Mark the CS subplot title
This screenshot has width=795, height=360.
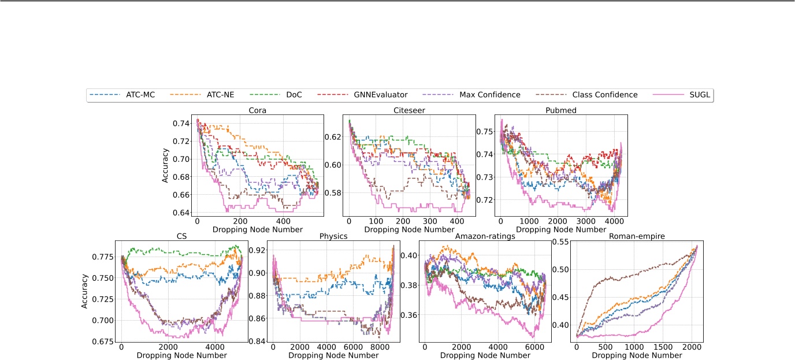(x=181, y=235)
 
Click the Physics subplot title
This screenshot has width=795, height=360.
(x=333, y=235)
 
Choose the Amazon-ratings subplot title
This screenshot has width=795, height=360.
(x=485, y=235)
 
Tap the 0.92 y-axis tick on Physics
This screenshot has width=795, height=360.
(x=257, y=250)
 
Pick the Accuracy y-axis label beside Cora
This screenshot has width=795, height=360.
(x=165, y=166)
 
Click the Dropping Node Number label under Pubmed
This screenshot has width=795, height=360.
(x=561, y=229)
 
